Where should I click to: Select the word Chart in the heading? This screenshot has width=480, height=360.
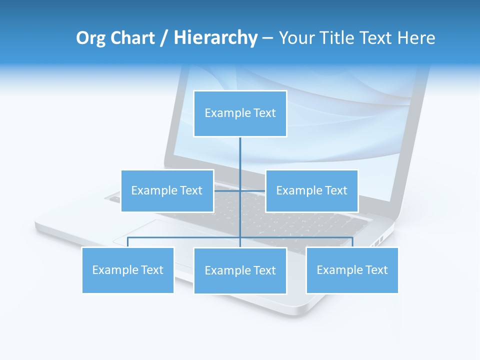pyautogui.click(x=131, y=38)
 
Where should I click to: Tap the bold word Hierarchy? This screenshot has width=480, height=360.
pyautogui.click(x=215, y=38)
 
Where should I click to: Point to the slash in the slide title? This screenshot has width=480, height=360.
pyautogui.click(x=164, y=38)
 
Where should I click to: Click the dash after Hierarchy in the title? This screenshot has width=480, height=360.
pyautogui.click(x=267, y=38)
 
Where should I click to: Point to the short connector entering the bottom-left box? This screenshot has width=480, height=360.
pyautogui.click(x=128, y=242)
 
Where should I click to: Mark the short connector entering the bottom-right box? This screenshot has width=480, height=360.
pyautogui.click(x=352, y=242)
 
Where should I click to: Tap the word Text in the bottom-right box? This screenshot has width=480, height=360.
pyautogui.click(x=376, y=270)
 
